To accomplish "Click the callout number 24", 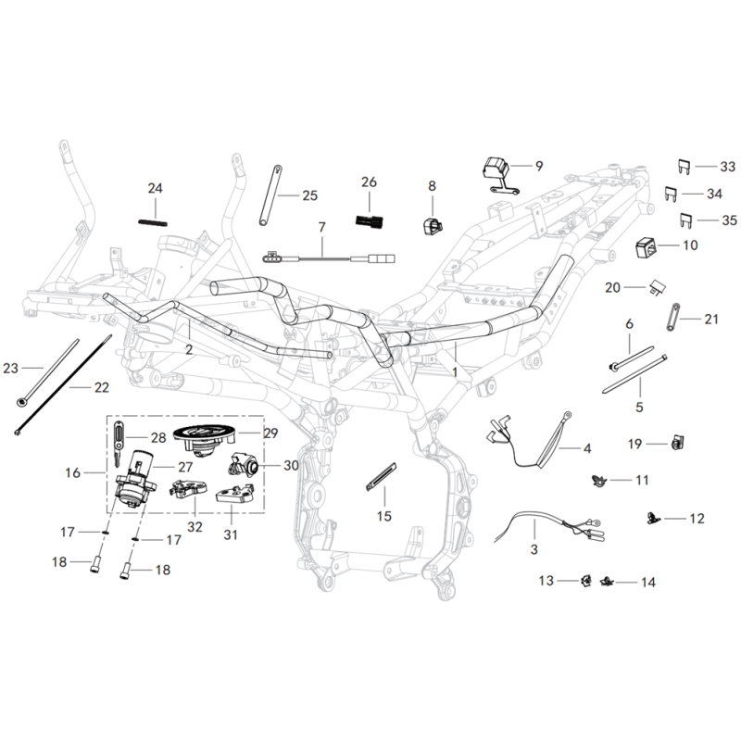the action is coord(155,188).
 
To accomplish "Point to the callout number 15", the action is coord(384,516).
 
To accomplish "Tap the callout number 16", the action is coord(73,472).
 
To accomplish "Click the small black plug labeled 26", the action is coord(370,220).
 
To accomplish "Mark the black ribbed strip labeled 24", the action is coord(153,222).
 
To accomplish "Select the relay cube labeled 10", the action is coord(646,248).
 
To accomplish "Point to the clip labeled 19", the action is coord(677,444).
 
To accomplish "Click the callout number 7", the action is coord(321,227).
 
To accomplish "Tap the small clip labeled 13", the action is coord(586,581).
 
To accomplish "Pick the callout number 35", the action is coord(730,220).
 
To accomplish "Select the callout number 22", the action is coord(102,387).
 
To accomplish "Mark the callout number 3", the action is coord(534,549).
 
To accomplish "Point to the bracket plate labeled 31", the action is coord(232,496).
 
